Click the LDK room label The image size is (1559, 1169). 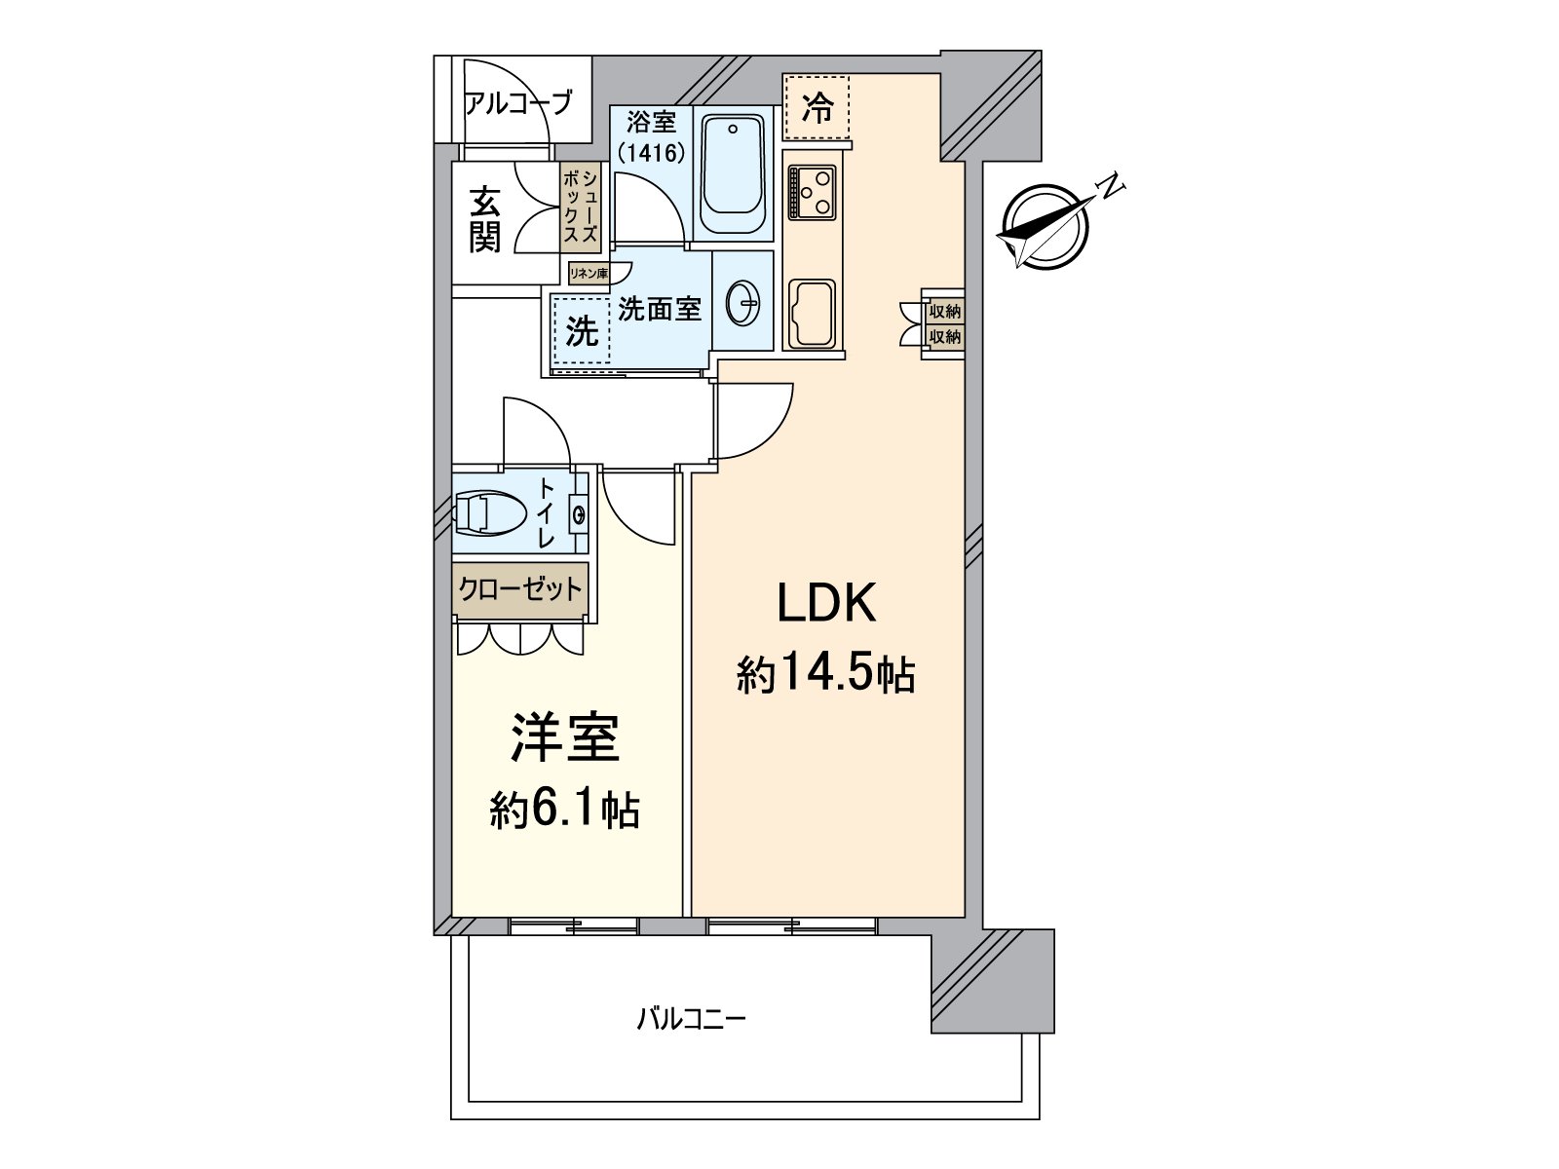(x=826, y=604)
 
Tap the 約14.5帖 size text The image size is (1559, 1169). (x=826, y=673)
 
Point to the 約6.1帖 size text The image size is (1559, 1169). (x=565, y=808)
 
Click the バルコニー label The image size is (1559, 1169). (x=691, y=1020)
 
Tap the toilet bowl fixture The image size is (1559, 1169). (x=490, y=513)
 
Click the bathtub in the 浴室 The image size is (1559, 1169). (x=733, y=178)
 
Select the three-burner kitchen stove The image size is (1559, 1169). (x=813, y=192)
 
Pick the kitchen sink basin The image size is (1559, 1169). (x=811, y=314)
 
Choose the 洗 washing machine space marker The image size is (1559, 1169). (x=582, y=332)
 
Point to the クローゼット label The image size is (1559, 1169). (x=521, y=588)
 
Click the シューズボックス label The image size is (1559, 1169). (x=580, y=207)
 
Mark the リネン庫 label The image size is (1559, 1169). (x=589, y=274)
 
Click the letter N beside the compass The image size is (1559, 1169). (x=1110, y=185)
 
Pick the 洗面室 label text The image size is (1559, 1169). (x=660, y=310)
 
